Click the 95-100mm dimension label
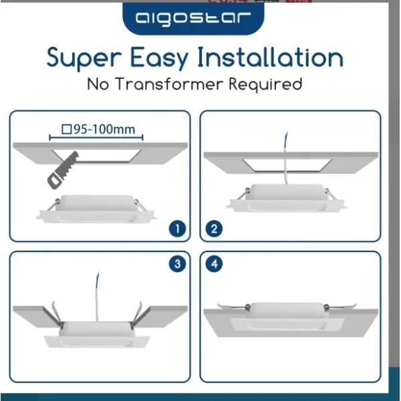click(102, 130)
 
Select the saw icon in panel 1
click(62, 168)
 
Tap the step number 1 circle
click(176, 229)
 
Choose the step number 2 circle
click(214, 229)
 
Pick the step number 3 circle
click(176, 264)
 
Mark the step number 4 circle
click(214, 264)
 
